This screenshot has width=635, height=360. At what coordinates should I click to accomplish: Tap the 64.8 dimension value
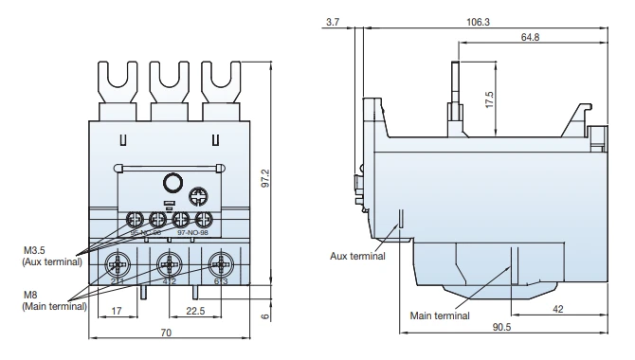(556, 38)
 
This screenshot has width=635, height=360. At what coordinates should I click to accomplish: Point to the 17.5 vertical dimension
(489, 101)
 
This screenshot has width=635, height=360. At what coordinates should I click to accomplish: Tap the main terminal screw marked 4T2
(169, 264)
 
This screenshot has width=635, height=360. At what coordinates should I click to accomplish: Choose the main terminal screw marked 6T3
(222, 264)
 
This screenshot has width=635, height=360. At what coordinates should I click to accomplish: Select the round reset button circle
(172, 184)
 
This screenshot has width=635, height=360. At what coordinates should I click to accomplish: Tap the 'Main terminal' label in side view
(438, 315)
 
